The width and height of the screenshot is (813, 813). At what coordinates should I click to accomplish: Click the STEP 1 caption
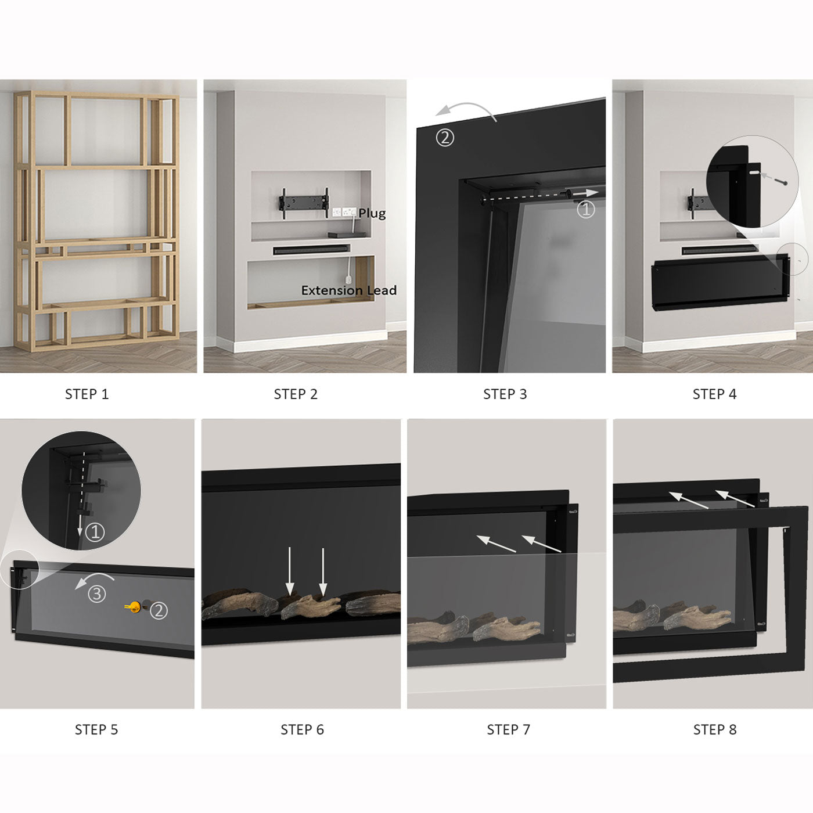87,394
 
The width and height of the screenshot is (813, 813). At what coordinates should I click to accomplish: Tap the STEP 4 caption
714,394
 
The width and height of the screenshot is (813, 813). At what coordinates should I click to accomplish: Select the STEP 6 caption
302,729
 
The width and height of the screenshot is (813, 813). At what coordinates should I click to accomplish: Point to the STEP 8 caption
715,729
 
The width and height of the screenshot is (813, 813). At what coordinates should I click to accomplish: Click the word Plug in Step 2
372,214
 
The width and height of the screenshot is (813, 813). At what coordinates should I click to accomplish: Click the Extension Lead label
349,290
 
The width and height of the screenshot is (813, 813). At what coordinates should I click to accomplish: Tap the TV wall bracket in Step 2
304,203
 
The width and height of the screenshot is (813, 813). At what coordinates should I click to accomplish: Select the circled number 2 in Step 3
445,138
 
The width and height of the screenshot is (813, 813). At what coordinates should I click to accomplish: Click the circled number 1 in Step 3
585,209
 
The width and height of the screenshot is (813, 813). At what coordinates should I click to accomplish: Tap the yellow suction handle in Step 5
132,607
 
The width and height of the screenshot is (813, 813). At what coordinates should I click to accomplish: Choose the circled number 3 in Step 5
96,594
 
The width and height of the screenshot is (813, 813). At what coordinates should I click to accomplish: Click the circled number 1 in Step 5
95,532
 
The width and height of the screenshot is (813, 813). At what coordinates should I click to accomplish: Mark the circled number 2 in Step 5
159,610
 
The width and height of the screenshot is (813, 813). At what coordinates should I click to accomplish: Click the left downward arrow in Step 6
290,571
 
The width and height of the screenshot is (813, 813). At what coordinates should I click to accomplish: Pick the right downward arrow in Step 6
323,572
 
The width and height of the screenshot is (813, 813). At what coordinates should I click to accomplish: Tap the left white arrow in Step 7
496,544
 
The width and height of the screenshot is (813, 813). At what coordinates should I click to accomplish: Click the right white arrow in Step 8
735,498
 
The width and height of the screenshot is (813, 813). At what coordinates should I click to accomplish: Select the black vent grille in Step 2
311,250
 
